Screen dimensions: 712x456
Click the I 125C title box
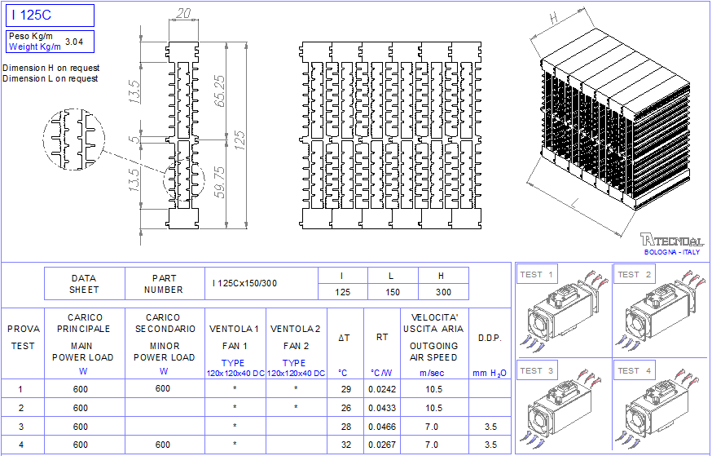(50, 15)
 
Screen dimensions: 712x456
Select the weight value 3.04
(74, 42)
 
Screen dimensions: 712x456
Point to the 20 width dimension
(183, 13)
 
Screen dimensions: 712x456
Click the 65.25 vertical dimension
(219, 91)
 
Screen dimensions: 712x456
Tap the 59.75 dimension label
(219, 182)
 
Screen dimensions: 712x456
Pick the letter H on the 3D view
(553, 18)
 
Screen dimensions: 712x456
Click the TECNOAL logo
(672, 240)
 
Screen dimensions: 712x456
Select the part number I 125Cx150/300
(244, 283)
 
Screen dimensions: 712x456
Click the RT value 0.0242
(382, 389)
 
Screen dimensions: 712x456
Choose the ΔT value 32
(346, 445)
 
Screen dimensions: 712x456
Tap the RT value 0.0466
(382, 427)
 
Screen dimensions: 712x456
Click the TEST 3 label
(536, 370)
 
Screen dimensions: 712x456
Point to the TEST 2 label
(634, 275)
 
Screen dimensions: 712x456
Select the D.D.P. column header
(490, 339)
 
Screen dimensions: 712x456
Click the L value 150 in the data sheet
(393, 292)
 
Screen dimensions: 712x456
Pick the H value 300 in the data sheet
(443, 292)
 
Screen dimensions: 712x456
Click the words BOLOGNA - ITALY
(672, 252)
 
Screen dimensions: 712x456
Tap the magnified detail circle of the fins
(74, 139)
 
